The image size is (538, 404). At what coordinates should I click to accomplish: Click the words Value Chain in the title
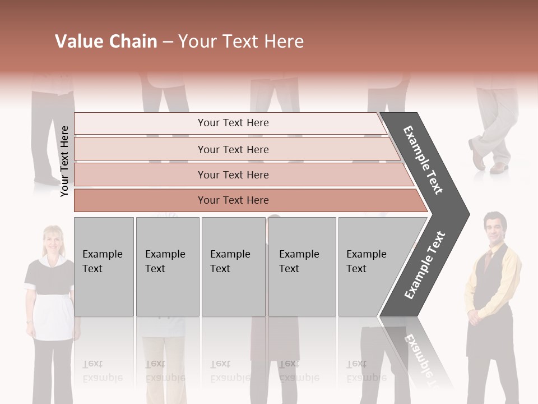(106, 42)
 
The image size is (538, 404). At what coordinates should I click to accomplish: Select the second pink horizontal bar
(233, 149)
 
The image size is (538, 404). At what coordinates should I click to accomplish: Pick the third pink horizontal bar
(233, 175)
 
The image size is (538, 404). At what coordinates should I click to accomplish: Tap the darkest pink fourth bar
(233, 200)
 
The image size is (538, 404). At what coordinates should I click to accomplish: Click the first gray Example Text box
(104, 267)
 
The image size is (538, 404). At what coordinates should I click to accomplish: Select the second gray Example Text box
(168, 267)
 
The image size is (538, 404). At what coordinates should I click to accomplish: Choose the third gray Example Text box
(233, 267)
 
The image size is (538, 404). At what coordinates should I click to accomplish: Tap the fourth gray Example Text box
(302, 267)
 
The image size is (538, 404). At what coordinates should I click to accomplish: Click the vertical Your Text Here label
(64, 161)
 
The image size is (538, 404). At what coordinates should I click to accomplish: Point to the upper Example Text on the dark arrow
(424, 160)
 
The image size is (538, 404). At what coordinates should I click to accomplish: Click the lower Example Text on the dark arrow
(425, 265)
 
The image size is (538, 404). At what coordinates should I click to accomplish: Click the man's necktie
(488, 259)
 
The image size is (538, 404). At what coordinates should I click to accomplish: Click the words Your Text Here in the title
(241, 42)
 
